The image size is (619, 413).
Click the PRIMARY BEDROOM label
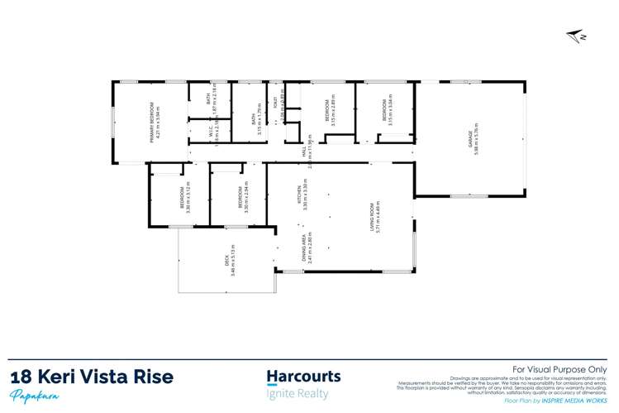(x=152, y=122)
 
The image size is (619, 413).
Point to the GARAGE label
(x=470, y=138)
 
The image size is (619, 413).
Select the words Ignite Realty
(x=297, y=394)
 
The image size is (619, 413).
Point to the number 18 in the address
(x=21, y=377)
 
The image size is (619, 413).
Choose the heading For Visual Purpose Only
(x=560, y=369)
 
